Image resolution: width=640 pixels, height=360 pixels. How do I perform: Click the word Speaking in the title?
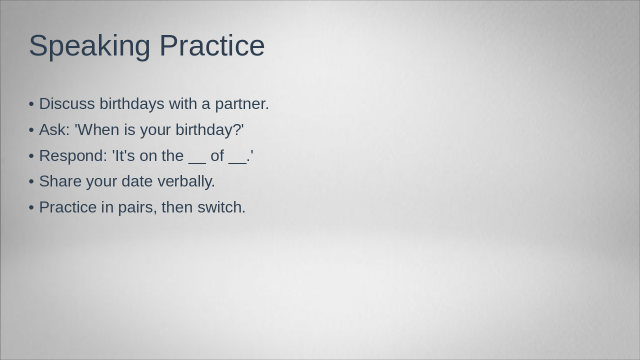point(89,46)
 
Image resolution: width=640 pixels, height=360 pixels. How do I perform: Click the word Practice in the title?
point(212,46)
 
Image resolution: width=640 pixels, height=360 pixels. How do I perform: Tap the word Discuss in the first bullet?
point(67,104)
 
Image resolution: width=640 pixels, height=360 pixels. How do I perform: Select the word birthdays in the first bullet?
point(132,104)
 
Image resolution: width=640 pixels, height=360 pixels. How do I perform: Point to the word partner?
point(242,104)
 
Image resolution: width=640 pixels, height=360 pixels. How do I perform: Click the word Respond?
point(73,156)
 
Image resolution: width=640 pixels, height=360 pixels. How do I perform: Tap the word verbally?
point(186,181)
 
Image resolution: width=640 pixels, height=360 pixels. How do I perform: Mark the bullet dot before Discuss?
point(31,104)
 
